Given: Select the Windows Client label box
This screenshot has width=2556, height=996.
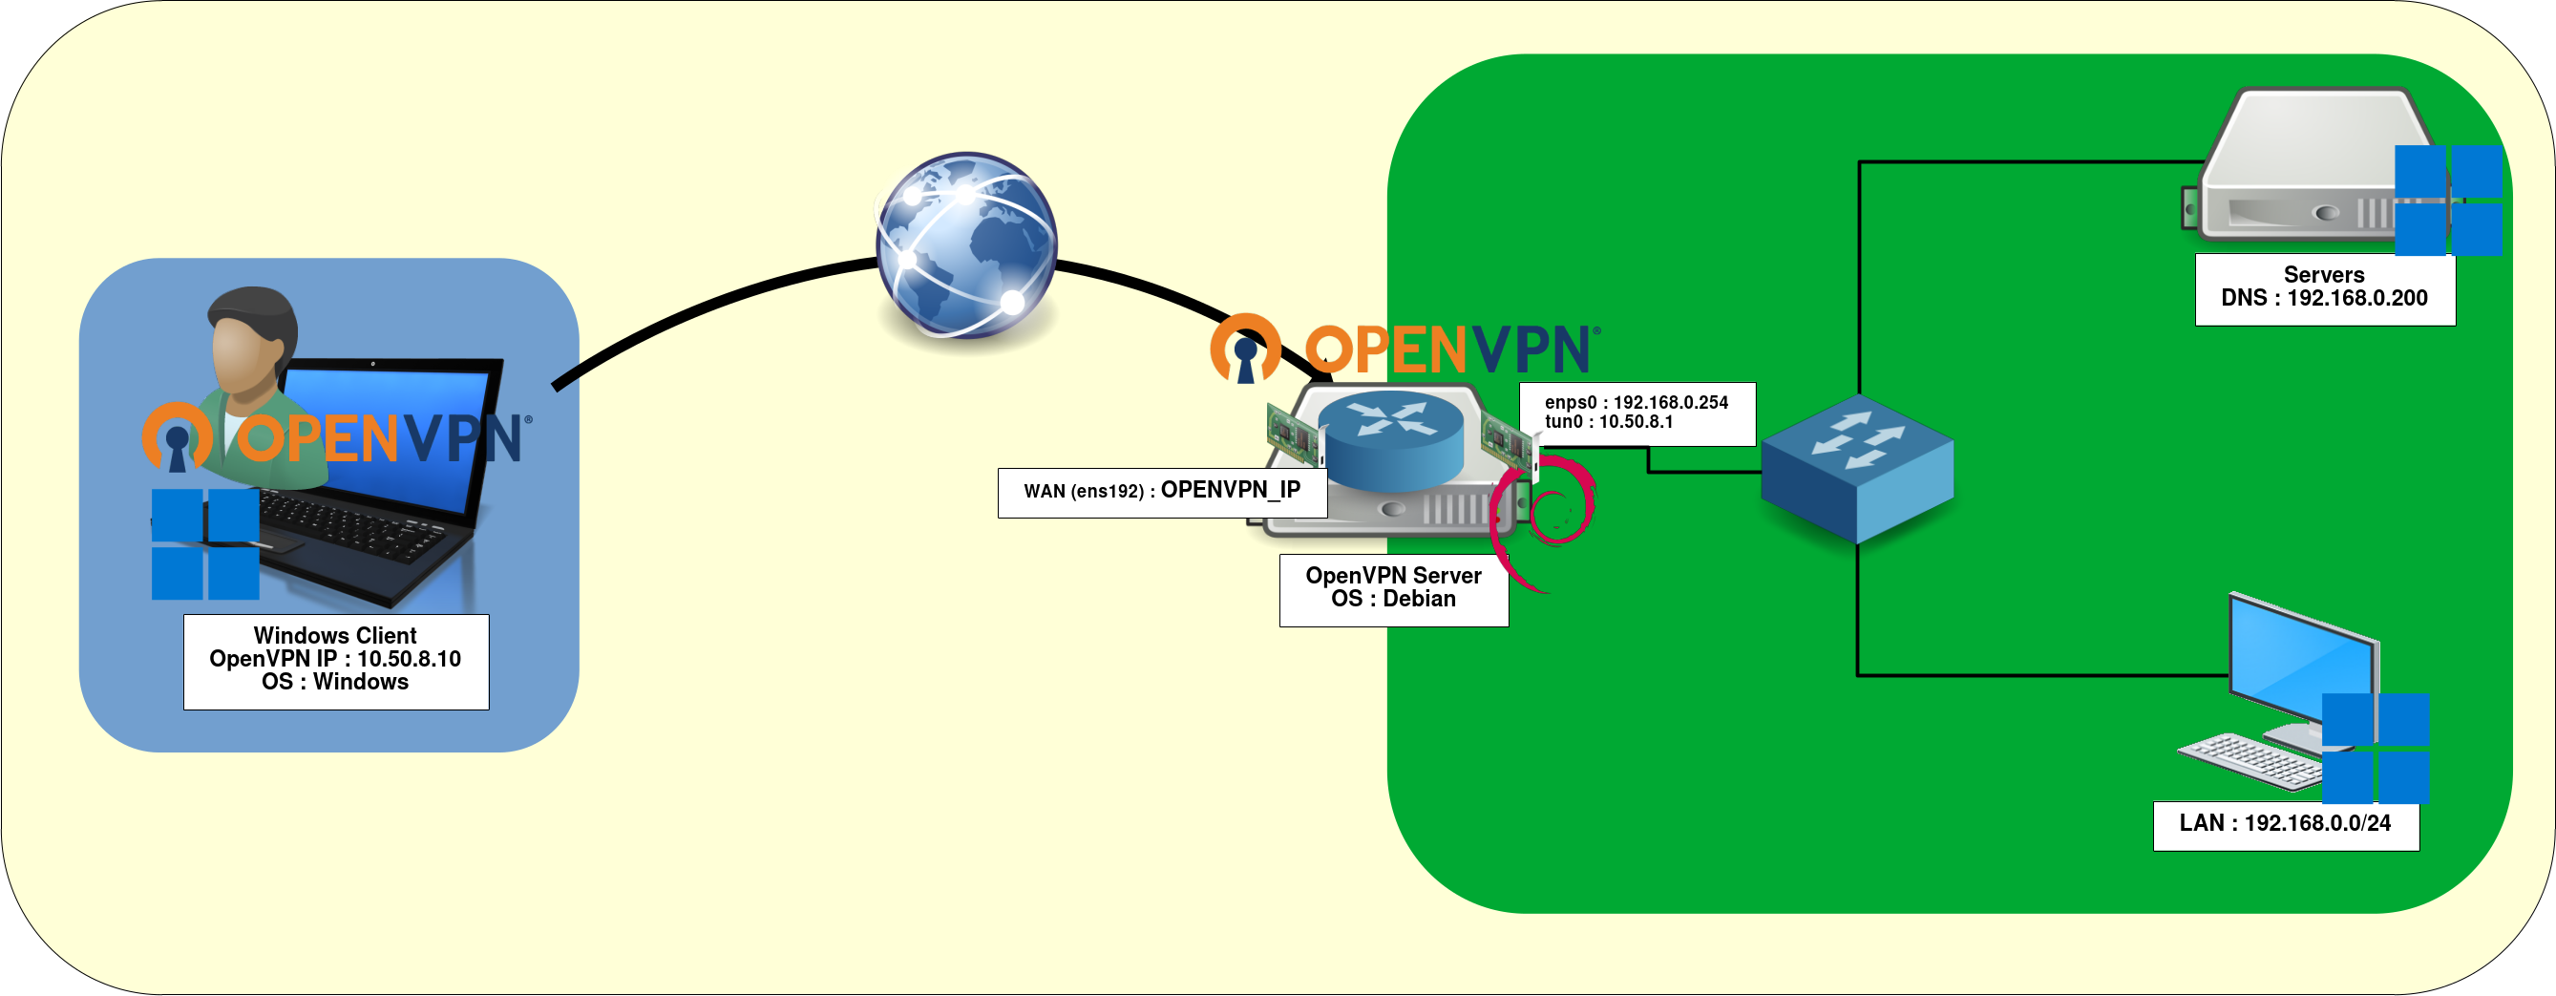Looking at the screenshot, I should pos(335,661).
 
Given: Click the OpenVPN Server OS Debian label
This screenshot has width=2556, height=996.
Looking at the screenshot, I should pos(1393,589).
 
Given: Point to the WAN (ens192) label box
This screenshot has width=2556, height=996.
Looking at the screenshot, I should pos(1162,492).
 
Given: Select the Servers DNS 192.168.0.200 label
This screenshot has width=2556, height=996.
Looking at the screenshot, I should pos(2324,287).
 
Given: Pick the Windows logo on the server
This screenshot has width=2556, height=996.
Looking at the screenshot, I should pos(2448,200).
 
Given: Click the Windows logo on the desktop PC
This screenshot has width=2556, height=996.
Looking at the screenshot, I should pos(2376,748).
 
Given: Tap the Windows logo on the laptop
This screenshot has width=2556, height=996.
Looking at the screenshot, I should pos(205,543).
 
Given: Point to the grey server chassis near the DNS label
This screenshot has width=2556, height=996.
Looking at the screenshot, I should pos(2312,169).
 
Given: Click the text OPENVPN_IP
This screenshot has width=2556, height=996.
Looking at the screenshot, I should pos(1231,490).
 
